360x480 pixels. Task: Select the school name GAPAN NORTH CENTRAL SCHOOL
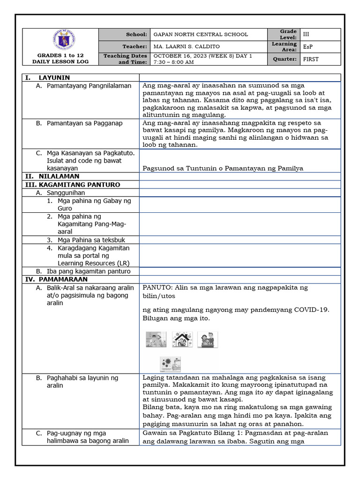click(x=201, y=34)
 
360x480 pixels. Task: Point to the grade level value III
click(x=307, y=34)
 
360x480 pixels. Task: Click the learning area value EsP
click(x=308, y=47)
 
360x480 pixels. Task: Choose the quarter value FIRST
click(x=311, y=59)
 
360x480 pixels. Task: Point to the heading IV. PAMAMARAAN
click(x=53, y=279)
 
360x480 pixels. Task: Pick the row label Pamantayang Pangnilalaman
click(x=89, y=86)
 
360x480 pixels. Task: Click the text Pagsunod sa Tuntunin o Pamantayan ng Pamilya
click(x=223, y=168)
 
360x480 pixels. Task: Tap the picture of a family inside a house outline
click(x=182, y=339)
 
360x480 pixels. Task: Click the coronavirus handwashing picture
click(x=169, y=364)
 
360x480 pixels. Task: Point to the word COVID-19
click(x=311, y=309)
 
